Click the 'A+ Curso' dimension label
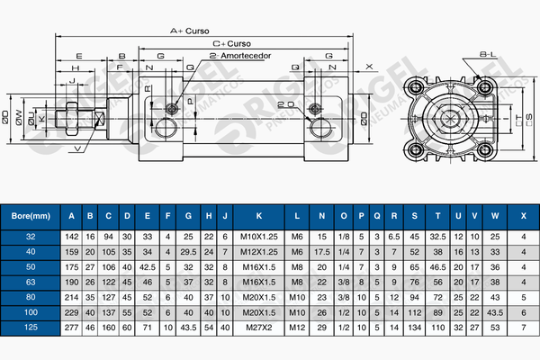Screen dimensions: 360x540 (x=190, y=30)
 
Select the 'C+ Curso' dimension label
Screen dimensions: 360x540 (x=231, y=42)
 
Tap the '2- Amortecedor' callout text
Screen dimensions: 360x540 (x=240, y=55)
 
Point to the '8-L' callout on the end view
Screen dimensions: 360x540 (x=488, y=55)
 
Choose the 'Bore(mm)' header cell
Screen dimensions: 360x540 (x=31, y=216)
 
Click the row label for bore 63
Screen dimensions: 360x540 (x=31, y=282)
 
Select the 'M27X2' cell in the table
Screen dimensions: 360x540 (x=259, y=328)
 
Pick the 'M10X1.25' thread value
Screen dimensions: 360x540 (x=259, y=237)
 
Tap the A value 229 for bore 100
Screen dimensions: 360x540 (x=72, y=312)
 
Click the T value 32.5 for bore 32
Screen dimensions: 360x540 (x=438, y=237)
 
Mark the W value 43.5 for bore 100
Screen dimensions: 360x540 (x=495, y=312)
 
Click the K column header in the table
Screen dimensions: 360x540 (x=259, y=216)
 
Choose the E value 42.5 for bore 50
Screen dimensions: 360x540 (x=148, y=267)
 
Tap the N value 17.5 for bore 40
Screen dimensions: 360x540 (x=322, y=252)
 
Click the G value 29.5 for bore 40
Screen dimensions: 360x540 (x=188, y=252)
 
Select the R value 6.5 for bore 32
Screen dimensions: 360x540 (x=392, y=237)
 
